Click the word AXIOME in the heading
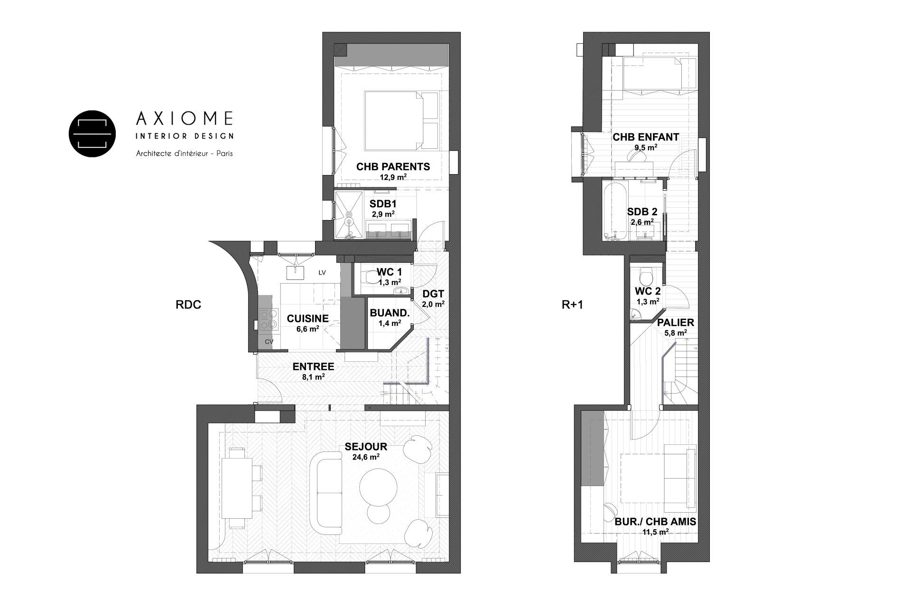tap(185, 118)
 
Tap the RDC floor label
tap(188, 305)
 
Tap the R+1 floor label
tap(572, 305)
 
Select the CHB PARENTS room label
tap(393, 167)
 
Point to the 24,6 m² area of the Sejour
tap(365, 458)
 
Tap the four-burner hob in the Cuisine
tap(269, 319)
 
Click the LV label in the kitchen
tap(323, 273)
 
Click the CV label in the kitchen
tap(269, 341)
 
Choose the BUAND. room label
tap(389, 313)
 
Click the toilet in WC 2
tap(646, 276)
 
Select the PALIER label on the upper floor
tap(675, 323)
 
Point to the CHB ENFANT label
tap(645, 138)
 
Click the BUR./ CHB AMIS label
tap(655, 522)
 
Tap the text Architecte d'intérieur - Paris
tap(184, 154)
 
